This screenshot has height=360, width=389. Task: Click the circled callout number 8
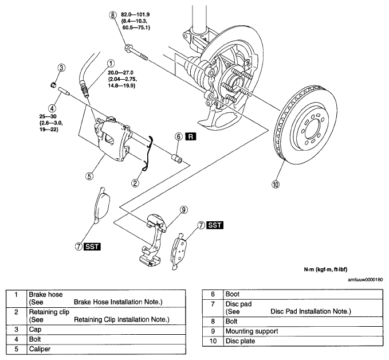tap(113, 15)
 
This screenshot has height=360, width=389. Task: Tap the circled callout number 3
tap(61, 68)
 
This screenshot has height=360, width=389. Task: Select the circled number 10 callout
tap(276, 185)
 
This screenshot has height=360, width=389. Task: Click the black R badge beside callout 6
tap(191, 136)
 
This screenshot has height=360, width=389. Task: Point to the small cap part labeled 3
tap(53, 85)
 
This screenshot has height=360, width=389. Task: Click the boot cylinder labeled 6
tap(177, 159)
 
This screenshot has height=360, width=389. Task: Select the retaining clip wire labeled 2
tap(148, 154)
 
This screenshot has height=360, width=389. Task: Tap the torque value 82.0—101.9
tap(135, 15)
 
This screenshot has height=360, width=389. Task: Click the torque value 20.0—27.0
tap(120, 73)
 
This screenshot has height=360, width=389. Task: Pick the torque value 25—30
tap(48, 116)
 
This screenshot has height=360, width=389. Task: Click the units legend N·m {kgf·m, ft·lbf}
tap(325, 269)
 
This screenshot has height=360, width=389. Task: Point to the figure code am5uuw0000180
tap(365, 280)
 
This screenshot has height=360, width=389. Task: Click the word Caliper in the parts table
tap(40, 349)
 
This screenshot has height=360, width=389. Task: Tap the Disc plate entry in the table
tap(240, 341)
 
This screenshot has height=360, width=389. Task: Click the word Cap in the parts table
tap(35, 330)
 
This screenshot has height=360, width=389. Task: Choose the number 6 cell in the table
tap(213, 294)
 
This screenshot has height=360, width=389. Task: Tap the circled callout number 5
tap(89, 176)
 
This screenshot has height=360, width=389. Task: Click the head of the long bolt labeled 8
tap(128, 48)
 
